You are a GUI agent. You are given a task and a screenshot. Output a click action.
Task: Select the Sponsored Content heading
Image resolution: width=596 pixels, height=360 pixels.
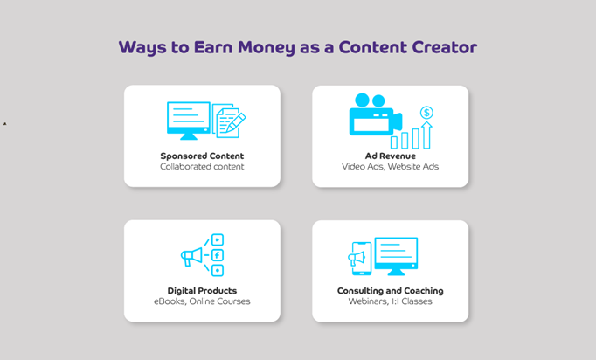pyautogui.click(x=202, y=156)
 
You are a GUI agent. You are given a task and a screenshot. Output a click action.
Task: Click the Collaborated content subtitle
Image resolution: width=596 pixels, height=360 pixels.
pyautogui.click(x=202, y=167)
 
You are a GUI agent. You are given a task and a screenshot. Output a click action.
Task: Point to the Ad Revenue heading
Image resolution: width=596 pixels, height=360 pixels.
pyautogui.click(x=391, y=156)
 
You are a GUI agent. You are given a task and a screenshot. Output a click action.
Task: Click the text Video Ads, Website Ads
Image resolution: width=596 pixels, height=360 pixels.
pyautogui.click(x=390, y=167)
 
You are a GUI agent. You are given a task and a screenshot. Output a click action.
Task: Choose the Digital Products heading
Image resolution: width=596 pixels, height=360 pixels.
pyautogui.click(x=202, y=291)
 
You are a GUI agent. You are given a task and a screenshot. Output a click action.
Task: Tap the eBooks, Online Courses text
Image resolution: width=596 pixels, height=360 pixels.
pyautogui.click(x=202, y=301)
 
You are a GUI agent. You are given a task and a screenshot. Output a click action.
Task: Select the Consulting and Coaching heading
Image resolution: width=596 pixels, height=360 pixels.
pyautogui.click(x=391, y=291)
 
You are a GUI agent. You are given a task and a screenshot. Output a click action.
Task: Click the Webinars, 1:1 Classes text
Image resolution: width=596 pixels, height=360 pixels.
pyautogui.click(x=391, y=301)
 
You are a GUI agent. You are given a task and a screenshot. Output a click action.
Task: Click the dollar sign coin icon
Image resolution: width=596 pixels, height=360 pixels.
pyautogui.click(x=426, y=113)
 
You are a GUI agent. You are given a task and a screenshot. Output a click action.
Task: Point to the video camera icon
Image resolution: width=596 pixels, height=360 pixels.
pyautogui.click(x=376, y=114)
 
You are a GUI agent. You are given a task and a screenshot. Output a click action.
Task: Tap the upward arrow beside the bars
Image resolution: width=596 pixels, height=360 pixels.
pyautogui.click(x=426, y=135)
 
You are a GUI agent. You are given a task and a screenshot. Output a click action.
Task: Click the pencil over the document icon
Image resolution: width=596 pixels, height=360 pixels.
pyautogui.click(x=236, y=121)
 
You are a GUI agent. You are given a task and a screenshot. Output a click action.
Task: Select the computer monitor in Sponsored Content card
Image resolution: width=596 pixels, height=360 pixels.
pyautogui.click(x=189, y=121)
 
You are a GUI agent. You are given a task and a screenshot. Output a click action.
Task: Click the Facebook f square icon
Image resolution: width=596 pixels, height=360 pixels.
pyautogui.click(x=218, y=255)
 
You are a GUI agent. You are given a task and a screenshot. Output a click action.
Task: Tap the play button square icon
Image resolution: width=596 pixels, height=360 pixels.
pyautogui.click(x=218, y=240)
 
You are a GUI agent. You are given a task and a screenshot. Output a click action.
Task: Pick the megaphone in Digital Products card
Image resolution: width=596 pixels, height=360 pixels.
pyautogui.click(x=191, y=257)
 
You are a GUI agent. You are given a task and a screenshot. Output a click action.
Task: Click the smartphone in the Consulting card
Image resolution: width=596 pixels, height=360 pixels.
pyautogui.click(x=362, y=259)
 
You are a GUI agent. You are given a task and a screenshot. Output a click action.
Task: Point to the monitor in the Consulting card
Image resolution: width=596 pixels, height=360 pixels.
pyautogui.click(x=396, y=256)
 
